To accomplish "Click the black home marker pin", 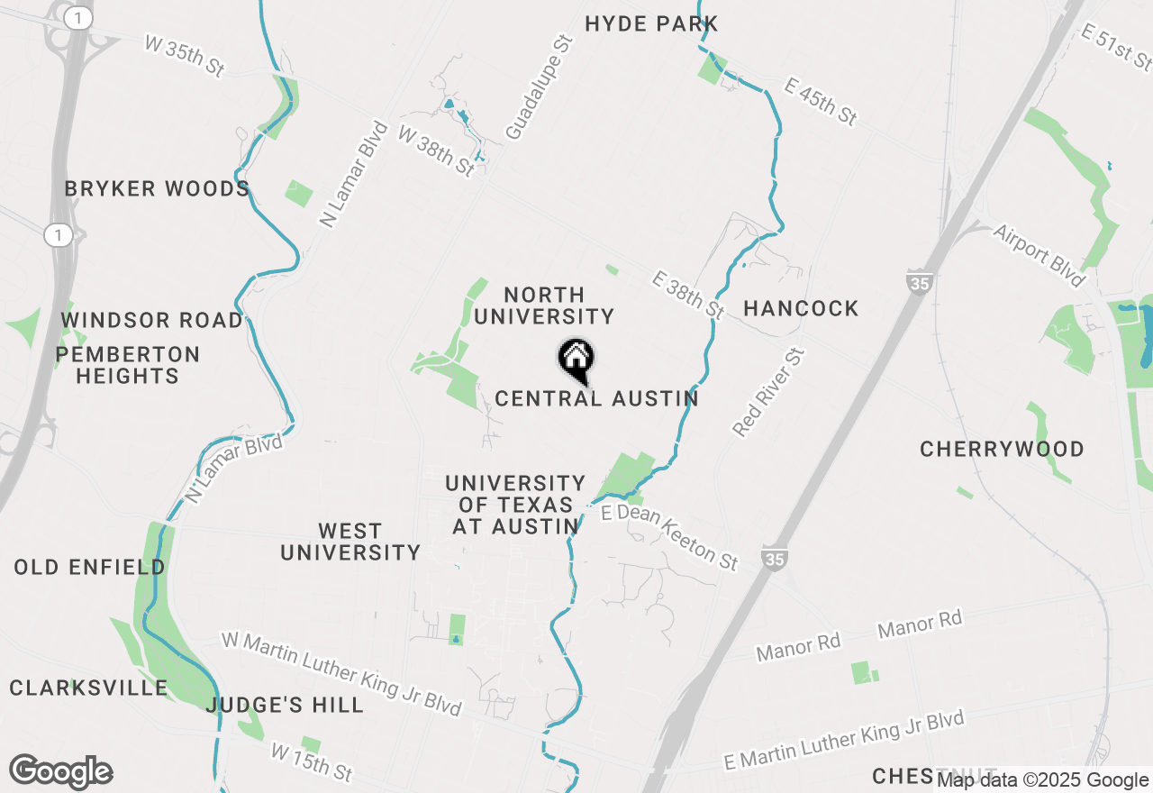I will click(576, 360).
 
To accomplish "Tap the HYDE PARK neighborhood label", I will click(651, 24).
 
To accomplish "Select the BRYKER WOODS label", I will click(157, 189).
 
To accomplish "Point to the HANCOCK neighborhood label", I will click(801, 309).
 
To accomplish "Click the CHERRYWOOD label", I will click(1002, 450).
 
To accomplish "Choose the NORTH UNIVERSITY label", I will click(544, 305).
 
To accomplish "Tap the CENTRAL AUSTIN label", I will click(596, 398).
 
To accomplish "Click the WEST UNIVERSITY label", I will click(350, 542).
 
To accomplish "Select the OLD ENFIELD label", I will click(89, 568).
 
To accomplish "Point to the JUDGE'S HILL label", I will click(285, 705).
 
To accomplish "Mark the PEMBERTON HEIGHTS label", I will click(128, 365).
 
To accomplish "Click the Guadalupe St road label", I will click(539, 87).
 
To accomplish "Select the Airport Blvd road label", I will click(1039, 255).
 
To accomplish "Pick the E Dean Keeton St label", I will click(670, 537).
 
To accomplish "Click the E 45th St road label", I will click(821, 101).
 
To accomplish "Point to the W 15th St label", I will click(312, 761).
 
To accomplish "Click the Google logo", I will click(61, 772).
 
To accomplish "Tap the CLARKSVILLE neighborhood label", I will click(89, 688).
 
